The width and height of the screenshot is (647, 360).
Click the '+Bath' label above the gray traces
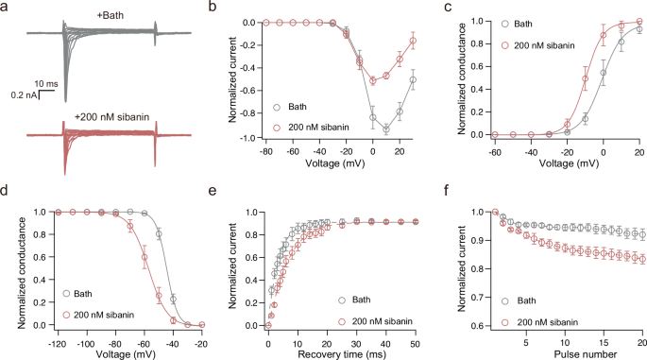pyautogui.click(x=93, y=11)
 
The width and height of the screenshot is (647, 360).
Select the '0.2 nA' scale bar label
pyautogui.click(x=26, y=95)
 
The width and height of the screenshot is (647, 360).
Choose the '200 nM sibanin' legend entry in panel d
pyautogui.click(x=103, y=313)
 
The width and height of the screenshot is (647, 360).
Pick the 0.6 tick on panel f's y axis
pyautogui.click(x=480, y=326)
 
